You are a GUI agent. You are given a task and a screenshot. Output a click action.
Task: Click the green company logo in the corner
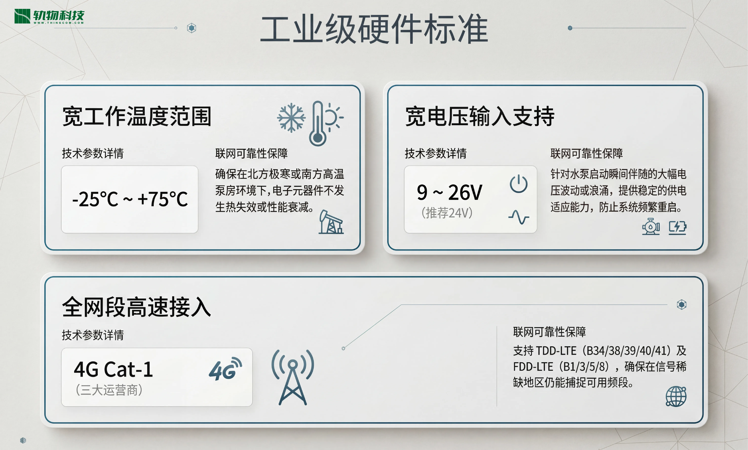click(x=49, y=16)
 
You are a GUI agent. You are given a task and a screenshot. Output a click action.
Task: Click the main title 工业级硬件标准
click(x=374, y=29)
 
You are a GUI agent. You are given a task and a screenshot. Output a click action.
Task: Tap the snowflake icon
click(x=291, y=118)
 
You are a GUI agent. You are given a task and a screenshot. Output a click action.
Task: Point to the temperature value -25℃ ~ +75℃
click(x=130, y=199)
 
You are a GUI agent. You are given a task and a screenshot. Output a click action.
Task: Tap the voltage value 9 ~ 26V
click(x=449, y=192)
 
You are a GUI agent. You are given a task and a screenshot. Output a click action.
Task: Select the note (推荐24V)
click(x=447, y=213)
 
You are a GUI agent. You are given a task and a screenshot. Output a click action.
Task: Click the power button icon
click(x=519, y=184)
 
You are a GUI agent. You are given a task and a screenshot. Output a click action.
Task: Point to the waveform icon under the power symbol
click(x=519, y=217)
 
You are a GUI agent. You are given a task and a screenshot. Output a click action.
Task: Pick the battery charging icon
click(x=678, y=227)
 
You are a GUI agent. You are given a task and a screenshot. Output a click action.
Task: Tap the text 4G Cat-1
click(x=113, y=369)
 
